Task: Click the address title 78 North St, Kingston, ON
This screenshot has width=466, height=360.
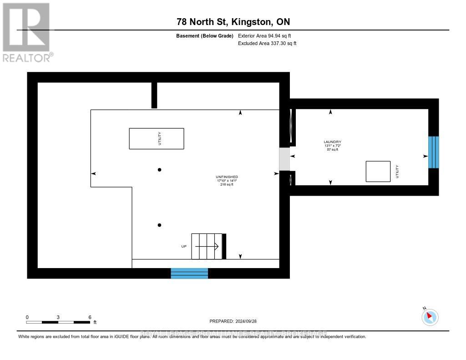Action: [x=233, y=22]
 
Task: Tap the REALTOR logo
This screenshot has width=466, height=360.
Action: [x=27, y=32]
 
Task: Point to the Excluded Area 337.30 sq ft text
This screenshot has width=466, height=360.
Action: [x=267, y=44]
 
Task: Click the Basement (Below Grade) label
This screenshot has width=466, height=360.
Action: [x=205, y=35]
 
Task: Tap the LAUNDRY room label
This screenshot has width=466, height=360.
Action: [x=332, y=142]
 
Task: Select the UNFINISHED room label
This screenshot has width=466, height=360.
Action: [x=227, y=177]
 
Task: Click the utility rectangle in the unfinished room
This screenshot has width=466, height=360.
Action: [x=157, y=138]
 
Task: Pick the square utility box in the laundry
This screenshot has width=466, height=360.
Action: [x=378, y=172]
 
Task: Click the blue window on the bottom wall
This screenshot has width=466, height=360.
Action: [x=189, y=273]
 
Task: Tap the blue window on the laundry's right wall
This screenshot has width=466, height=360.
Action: [x=434, y=152]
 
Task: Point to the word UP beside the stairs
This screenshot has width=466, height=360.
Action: [x=184, y=246]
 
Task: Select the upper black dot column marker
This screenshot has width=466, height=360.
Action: [x=159, y=170]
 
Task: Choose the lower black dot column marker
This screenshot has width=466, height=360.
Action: [x=159, y=225]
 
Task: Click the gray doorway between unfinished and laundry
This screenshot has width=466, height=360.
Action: [x=284, y=159]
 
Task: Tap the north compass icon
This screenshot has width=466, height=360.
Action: [x=430, y=317]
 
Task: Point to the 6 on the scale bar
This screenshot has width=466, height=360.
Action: [x=90, y=317]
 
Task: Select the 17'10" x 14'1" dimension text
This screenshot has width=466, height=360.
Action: [x=227, y=181]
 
